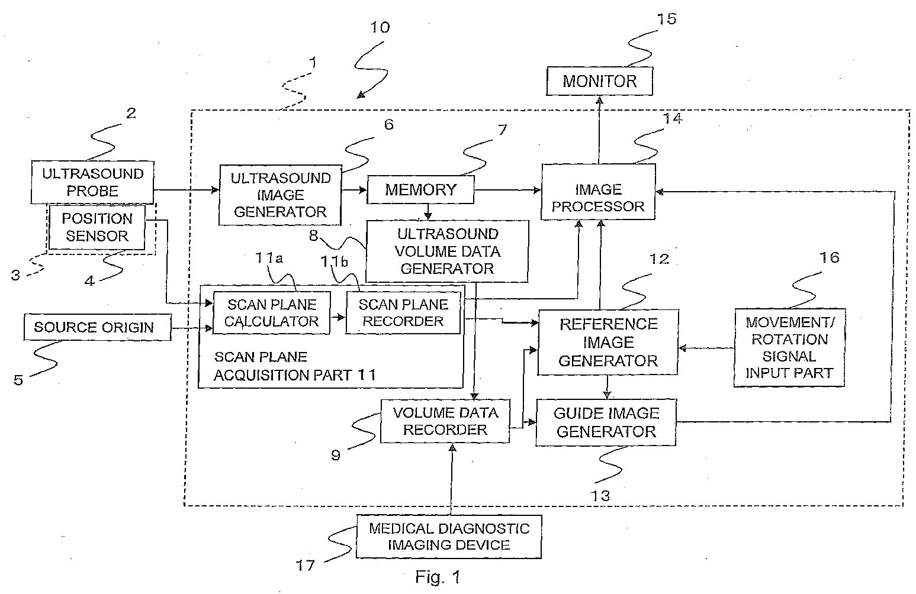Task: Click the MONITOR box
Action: click(x=599, y=81)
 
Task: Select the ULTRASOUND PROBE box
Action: click(x=92, y=182)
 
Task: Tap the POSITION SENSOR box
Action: click(x=97, y=227)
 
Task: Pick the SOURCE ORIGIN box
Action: click(x=97, y=327)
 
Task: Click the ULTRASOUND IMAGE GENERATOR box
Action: click(x=280, y=195)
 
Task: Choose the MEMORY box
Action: click(x=420, y=189)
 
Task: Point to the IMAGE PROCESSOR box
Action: click(x=598, y=192)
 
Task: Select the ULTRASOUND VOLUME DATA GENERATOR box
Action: click(x=447, y=251)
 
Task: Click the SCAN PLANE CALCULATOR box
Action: click(x=272, y=313)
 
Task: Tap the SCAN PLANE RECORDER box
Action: click(x=403, y=313)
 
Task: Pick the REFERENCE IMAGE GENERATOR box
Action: click(x=608, y=343)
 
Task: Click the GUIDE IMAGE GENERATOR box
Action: click(x=606, y=422)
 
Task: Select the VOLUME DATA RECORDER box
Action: click(x=445, y=421)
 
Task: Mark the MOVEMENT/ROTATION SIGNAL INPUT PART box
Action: click(x=789, y=348)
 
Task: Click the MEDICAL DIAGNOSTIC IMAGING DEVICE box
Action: click(x=449, y=537)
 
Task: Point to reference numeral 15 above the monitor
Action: click(x=667, y=19)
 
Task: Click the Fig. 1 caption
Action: click(x=438, y=577)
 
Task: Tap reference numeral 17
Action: click(x=305, y=566)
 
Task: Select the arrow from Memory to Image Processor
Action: click(x=507, y=190)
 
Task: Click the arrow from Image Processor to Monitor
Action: click(x=599, y=130)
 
